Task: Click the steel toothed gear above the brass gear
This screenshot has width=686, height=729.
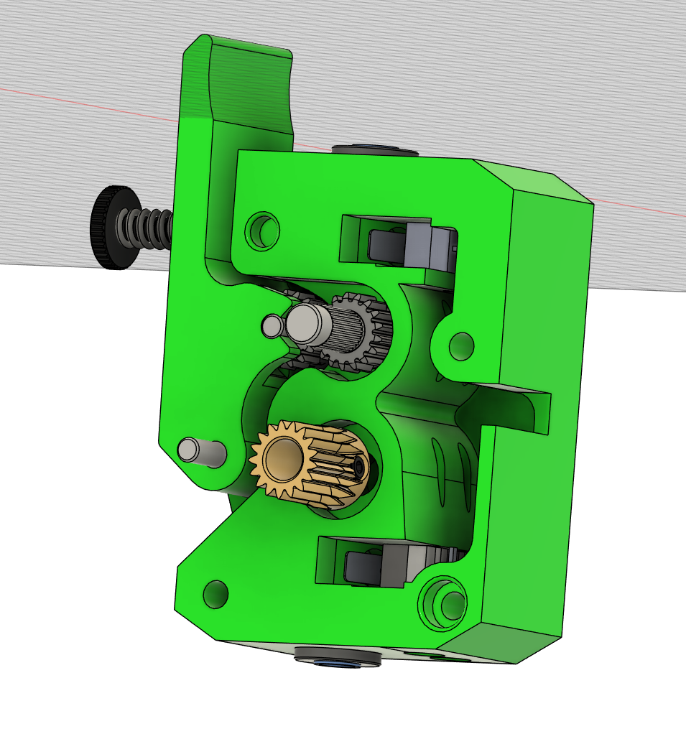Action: point(359,331)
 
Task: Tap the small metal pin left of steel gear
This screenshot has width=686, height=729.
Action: point(272,327)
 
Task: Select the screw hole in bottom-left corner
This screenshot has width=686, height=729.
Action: point(215,594)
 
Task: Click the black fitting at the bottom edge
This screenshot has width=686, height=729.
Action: point(338,656)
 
